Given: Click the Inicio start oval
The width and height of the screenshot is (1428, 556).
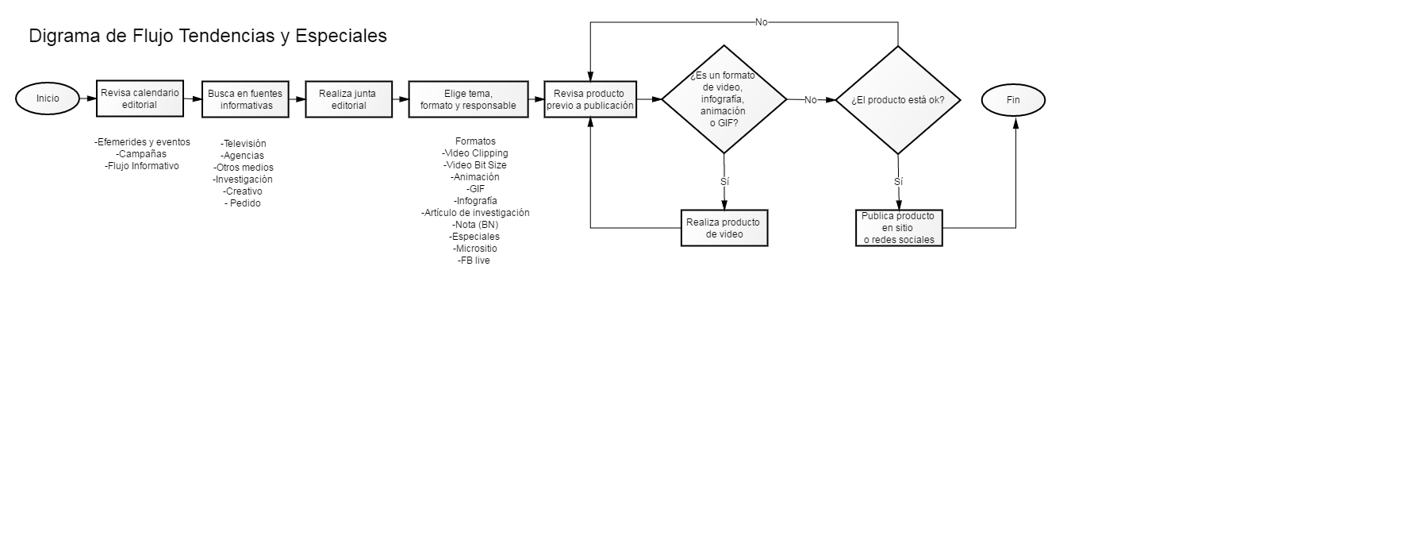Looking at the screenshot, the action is [48, 98].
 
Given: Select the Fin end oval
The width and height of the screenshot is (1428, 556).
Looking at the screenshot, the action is [1013, 100].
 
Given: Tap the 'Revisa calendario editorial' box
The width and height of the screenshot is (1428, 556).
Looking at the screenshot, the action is [140, 98].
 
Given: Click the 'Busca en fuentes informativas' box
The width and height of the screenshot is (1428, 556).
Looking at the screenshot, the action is [245, 99].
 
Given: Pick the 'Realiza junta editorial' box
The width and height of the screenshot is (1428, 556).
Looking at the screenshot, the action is [349, 99].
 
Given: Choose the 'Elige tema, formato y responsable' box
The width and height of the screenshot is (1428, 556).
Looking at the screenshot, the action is [468, 99].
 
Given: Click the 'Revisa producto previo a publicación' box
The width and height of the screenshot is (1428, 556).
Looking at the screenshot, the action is [590, 99].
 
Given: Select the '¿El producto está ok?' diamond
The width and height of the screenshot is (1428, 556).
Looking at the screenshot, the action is [898, 100].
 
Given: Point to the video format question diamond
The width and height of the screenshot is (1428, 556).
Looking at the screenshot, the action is [724, 100].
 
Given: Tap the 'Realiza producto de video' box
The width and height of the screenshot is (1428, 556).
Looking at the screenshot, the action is [724, 228].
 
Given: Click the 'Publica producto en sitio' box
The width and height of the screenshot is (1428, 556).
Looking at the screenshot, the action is [899, 228].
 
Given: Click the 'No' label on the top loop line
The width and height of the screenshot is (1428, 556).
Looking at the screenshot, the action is [762, 22].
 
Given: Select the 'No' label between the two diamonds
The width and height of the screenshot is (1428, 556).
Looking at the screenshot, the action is [810, 100].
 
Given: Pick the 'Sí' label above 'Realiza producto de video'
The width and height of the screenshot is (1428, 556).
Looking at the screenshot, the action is [724, 182].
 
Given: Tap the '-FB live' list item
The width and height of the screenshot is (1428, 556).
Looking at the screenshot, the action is [474, 261].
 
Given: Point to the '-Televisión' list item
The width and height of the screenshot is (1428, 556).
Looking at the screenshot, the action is [244, 144].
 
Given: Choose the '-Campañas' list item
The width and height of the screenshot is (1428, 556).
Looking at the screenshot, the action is [141, 154].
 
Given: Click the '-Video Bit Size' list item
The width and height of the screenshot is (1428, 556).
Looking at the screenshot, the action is [475, 165].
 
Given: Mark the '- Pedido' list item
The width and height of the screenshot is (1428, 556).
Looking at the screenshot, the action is [243, 203].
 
